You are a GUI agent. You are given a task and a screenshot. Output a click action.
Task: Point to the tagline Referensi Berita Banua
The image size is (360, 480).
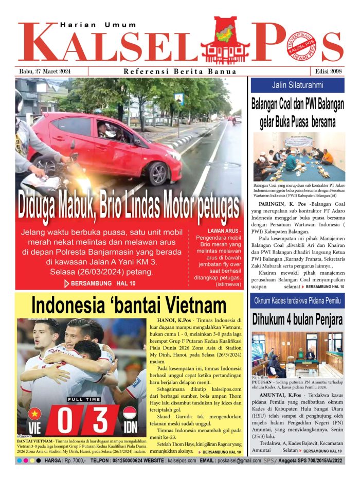pyautogui.click(x=180, y=72)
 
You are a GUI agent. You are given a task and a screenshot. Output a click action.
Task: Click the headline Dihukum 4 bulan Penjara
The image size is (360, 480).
pyautogui.click(x=297, y=319)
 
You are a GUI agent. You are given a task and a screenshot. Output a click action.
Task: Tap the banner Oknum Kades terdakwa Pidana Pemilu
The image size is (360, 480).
pyautogui.click(x=297, y=300)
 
